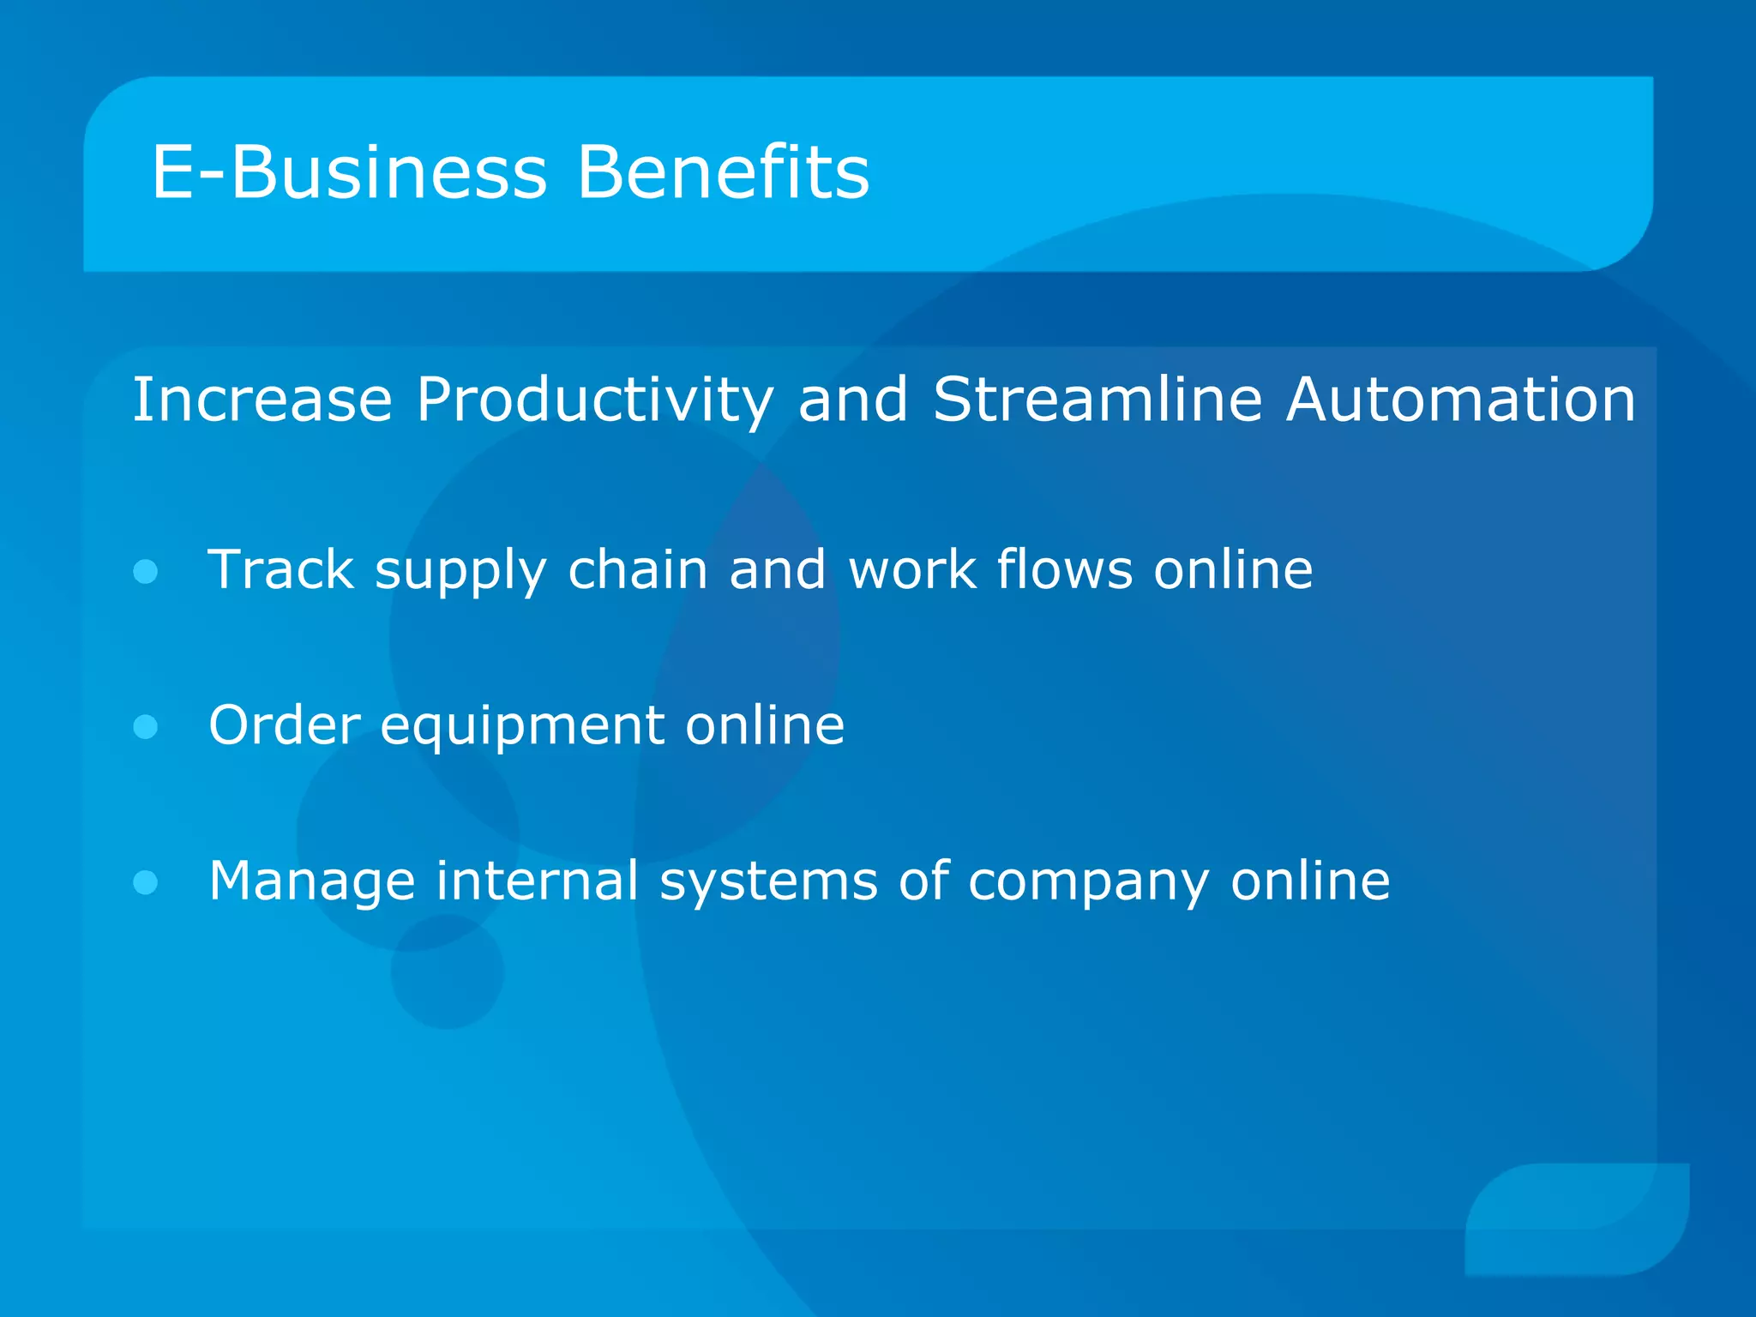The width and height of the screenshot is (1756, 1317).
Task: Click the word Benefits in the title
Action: click(723, 172)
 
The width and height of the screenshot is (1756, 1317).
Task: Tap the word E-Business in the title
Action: click(349, 172)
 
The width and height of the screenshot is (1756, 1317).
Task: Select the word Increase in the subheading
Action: click(262, 400)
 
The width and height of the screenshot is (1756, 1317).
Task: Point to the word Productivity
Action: click(595, 400)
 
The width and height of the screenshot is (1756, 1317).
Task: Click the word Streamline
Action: click(1097, 400)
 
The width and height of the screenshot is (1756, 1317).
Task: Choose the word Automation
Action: click(1461, 400)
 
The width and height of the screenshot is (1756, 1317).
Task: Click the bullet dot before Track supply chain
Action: click(146, 571)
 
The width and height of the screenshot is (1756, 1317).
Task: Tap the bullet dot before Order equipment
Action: click(146, 727)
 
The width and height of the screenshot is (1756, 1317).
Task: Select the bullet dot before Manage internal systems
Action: click(146, 882)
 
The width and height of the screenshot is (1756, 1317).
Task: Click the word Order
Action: click(285, 725)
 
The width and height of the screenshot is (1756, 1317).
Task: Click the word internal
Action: click(538, 881)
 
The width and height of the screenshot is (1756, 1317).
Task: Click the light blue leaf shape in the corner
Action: click(1577, 1218)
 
